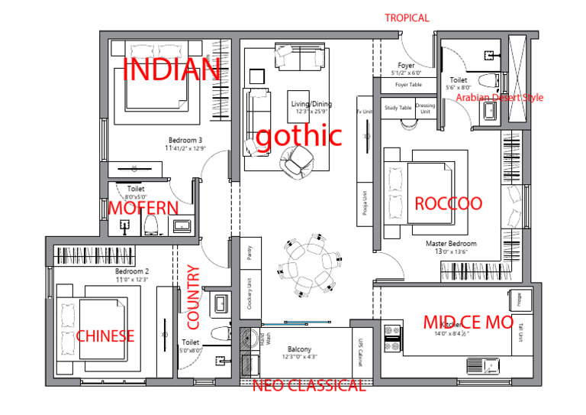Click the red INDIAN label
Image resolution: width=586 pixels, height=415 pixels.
pos(172,70)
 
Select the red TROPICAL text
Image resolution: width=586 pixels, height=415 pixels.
pos(407,18)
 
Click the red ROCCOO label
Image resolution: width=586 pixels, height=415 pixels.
pos(448,203)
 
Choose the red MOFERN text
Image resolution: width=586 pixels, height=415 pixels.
pos(143,209)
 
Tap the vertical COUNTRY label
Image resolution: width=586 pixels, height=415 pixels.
pos(193,297)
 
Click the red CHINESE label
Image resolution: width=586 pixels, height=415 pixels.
pos(105,336)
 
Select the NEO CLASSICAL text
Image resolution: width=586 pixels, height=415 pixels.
pos(308,386)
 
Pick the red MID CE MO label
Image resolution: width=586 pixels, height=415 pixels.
pos(468,323)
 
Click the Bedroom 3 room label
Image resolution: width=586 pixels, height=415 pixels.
pos(185,141)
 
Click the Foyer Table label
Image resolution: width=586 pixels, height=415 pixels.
pos(408,85)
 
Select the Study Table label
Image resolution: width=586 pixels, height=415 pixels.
pos(398,108)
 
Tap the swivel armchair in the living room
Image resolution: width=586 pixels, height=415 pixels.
pos(295,161)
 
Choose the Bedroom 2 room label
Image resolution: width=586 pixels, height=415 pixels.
pos(131,271)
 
